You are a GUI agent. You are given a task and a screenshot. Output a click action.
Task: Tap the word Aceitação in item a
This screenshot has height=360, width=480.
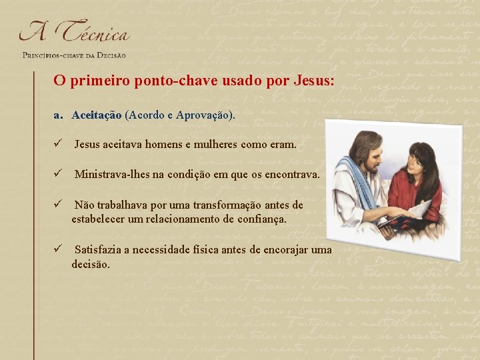pos(97,115)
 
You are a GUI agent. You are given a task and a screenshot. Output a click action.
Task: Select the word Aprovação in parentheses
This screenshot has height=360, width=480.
pos(205,115)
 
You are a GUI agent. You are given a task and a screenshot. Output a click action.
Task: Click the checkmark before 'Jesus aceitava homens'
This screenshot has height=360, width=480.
pos(59,143)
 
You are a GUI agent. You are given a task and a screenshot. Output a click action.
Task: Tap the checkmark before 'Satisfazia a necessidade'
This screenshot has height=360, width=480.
pos(59,249)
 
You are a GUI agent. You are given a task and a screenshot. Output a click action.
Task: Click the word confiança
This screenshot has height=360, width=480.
pos(261,219)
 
